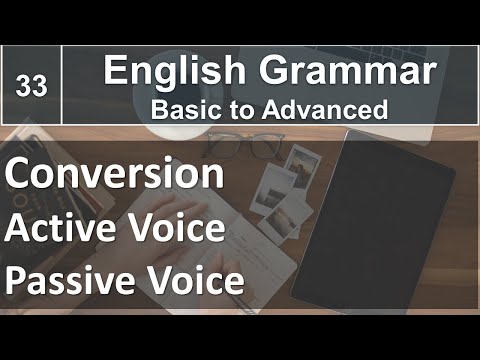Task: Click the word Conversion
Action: [x=113, y=174]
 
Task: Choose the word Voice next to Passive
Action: [x=195, y=281]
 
